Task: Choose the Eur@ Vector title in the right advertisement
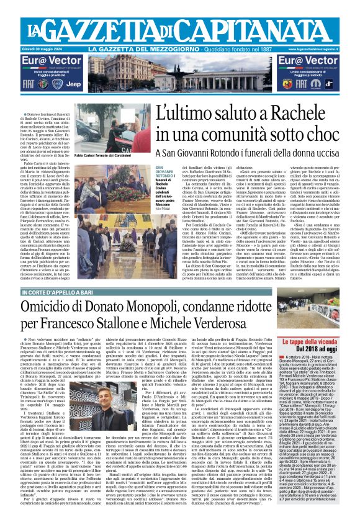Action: (305, 60)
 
